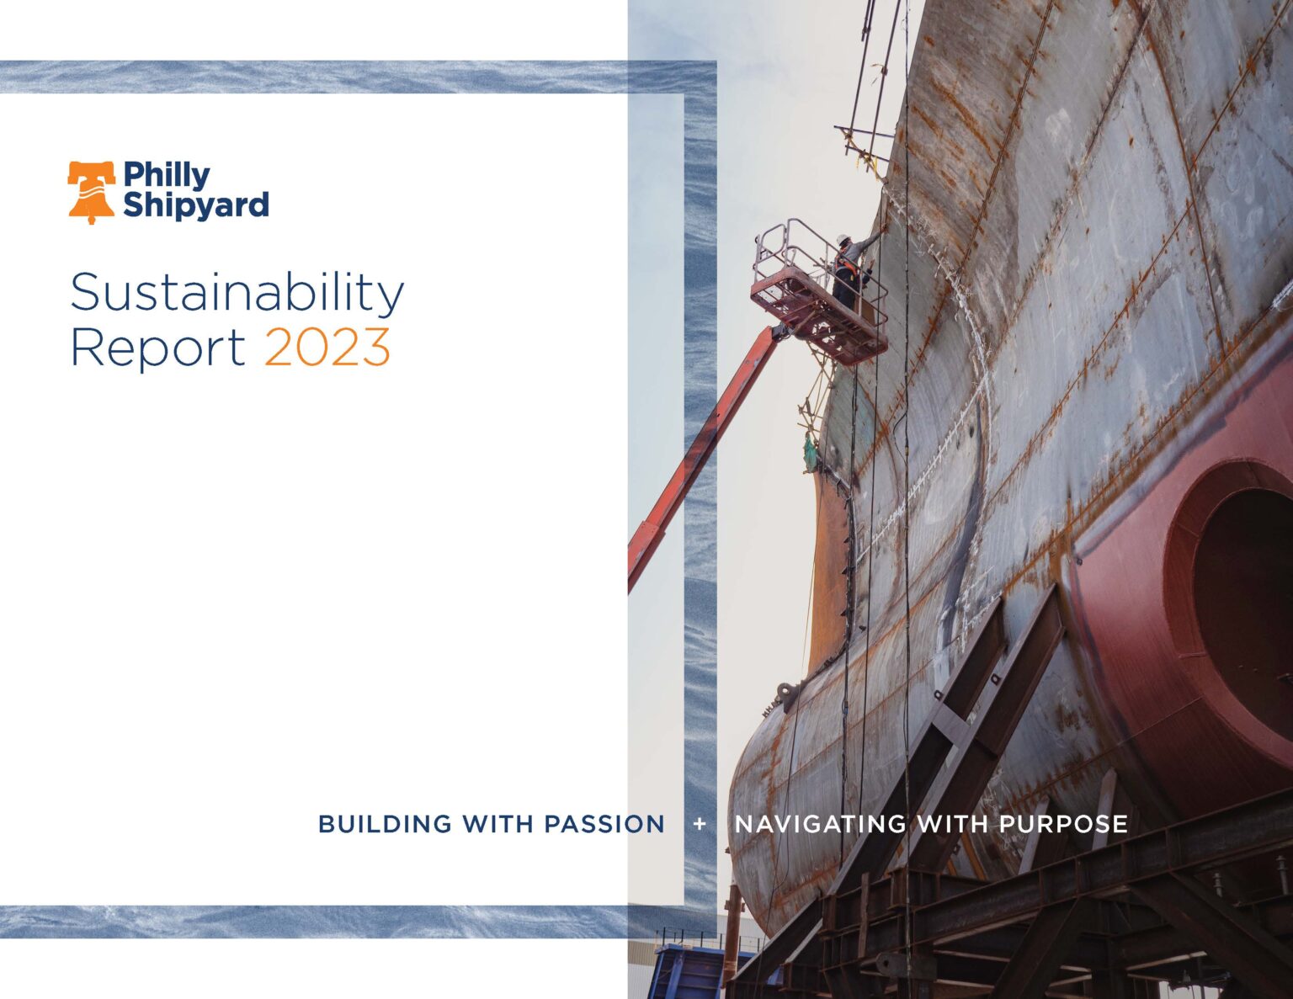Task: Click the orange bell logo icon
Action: point(91,192)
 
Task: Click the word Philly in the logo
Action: point(167,175)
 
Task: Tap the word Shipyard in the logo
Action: point(195,205)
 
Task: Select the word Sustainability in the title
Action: point(237,293)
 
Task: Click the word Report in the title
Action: point(157,347)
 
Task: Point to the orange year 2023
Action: point(327,347)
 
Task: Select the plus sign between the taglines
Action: point(700,824)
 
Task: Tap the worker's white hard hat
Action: point(843,239)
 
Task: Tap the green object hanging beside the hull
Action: point(810,454)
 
